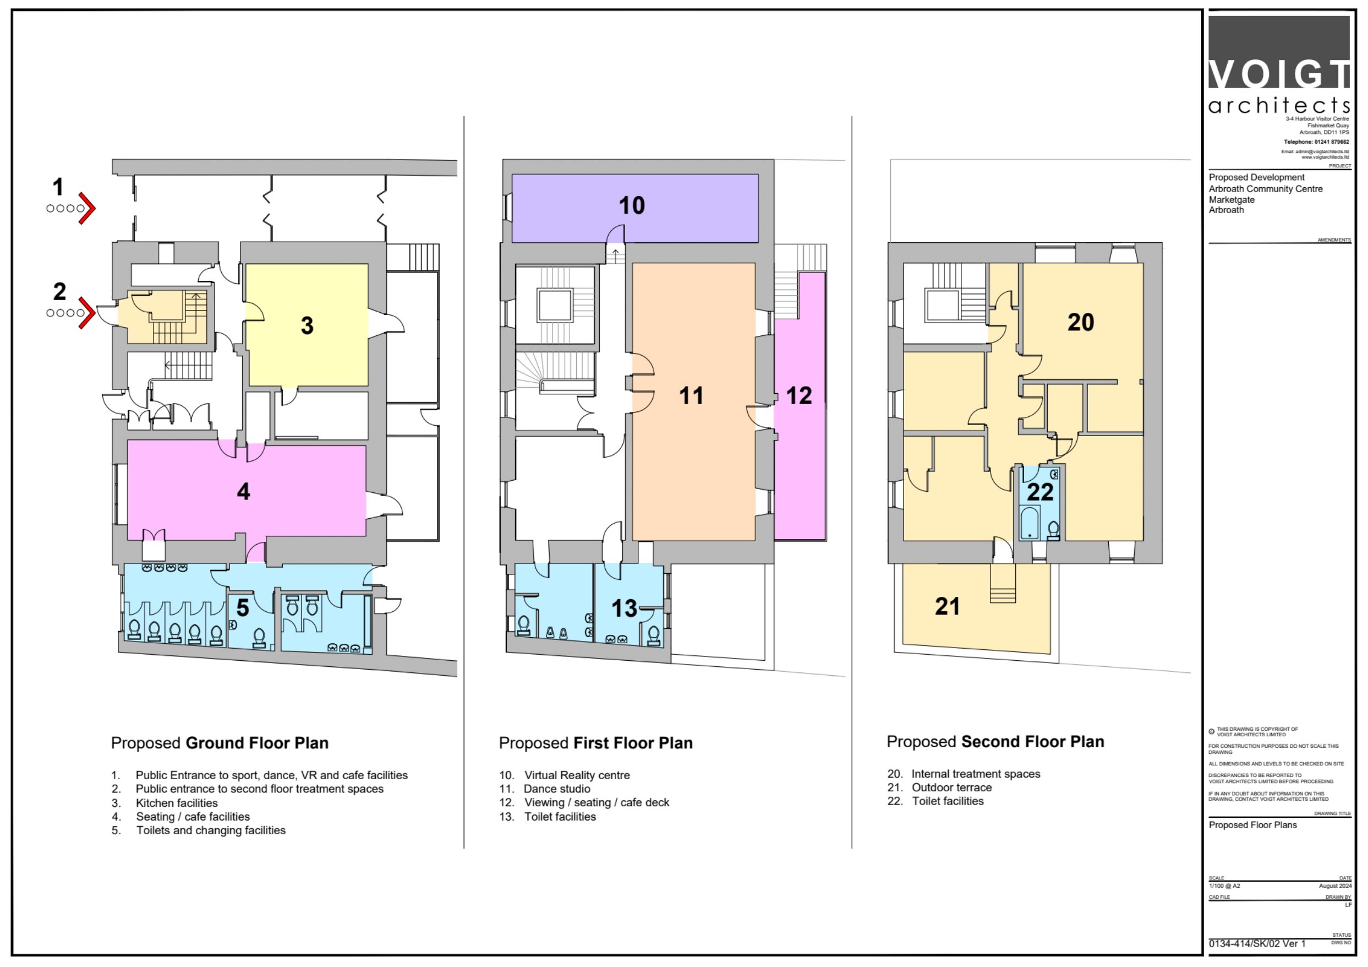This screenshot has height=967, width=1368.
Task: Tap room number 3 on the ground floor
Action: pos(307,325)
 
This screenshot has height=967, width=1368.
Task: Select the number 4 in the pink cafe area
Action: pos(243,491)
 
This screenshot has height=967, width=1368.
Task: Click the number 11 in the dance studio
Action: pos(691,396)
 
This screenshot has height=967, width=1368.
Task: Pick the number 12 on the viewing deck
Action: pos(798,396)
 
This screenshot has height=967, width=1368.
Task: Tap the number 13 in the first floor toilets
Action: pos(624,609)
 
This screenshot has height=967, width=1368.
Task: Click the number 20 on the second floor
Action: pos(1080,323)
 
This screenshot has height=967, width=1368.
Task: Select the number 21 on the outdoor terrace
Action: pos(948,606)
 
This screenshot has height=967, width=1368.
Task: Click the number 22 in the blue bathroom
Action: pos(1040,492)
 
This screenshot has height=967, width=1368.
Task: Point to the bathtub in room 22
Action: pos(1030,523)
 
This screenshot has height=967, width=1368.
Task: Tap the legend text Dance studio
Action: pos(557,789)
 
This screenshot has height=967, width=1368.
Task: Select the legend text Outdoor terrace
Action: pos(951,787)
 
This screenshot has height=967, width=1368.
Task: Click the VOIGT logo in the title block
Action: pos(1279,65)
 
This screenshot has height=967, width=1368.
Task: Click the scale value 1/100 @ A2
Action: pos(1224,886)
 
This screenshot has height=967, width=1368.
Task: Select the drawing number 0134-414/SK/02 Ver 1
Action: pos(1257,944)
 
